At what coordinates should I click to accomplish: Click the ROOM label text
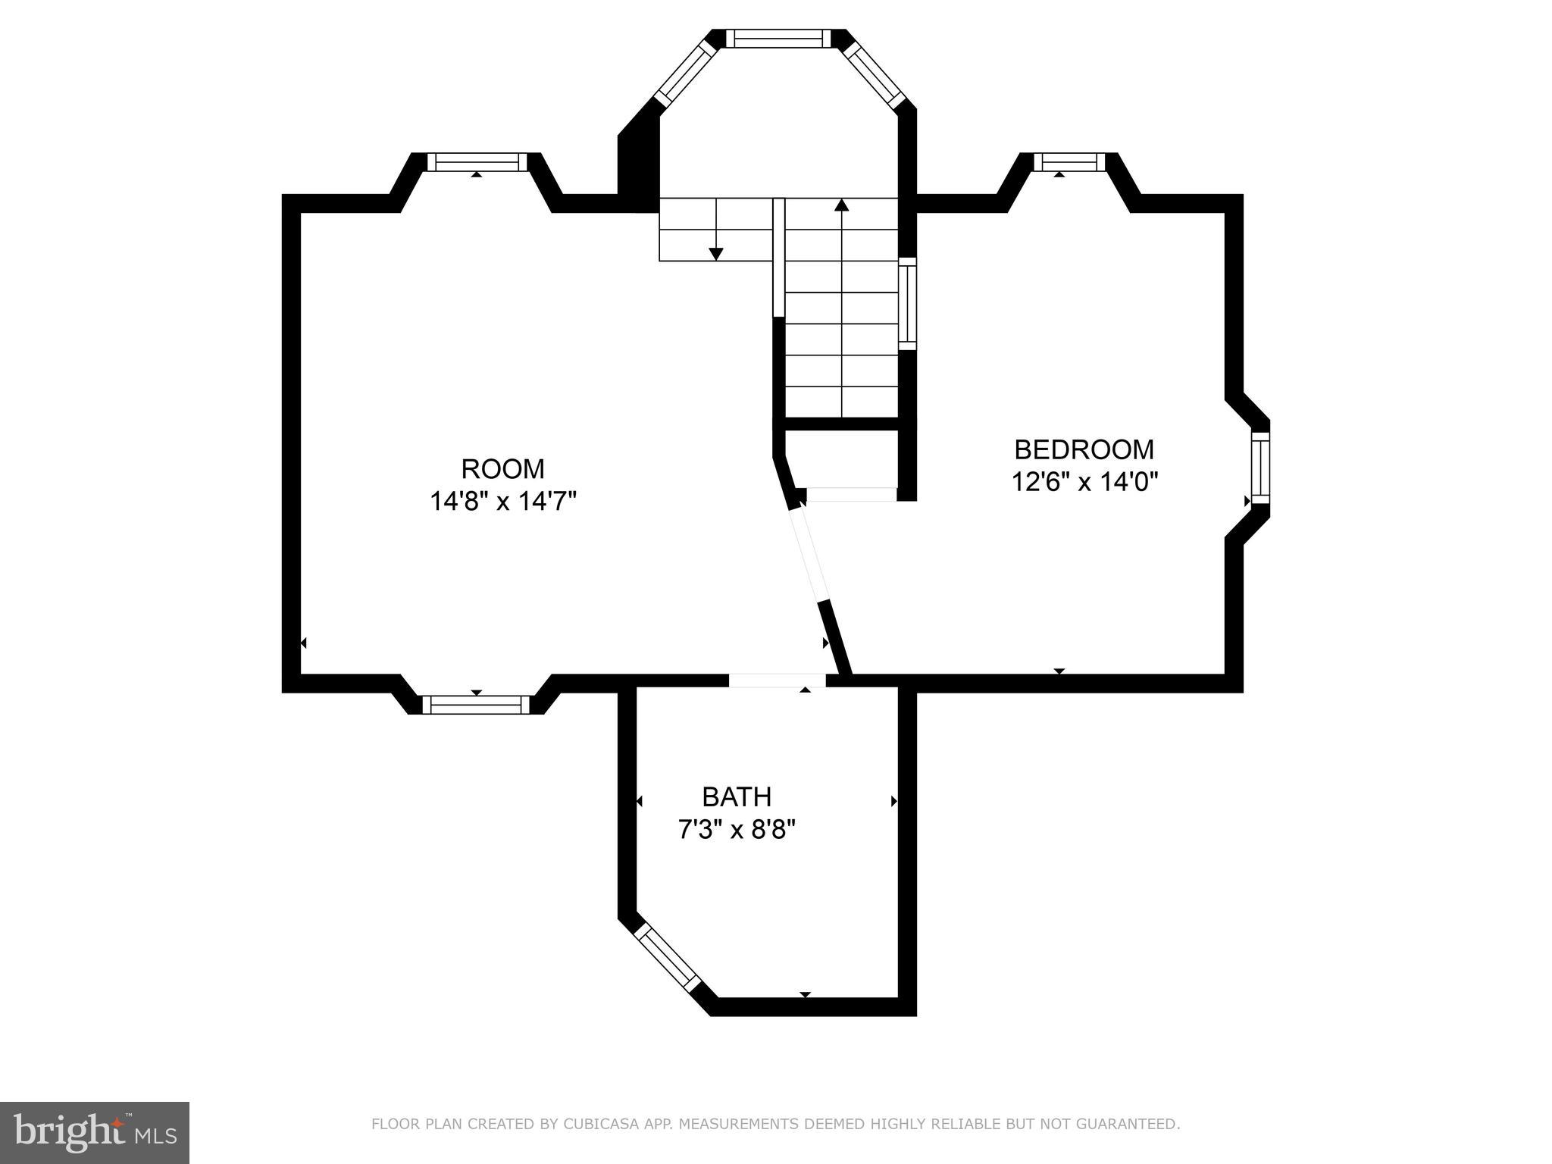click(x=502, y=469)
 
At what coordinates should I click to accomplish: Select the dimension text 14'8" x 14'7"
click(x=503, y=502)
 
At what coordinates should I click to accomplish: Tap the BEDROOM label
click(x=1084, y=449)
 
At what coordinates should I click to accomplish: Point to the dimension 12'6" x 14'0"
click(x=1084, y=482)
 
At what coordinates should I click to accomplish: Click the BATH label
click(x=737, y=797)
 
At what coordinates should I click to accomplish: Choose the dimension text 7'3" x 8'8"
click(x=737, y=831)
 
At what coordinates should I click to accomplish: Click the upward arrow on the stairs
click(x=841, y=205)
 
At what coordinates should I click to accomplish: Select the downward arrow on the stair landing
click(x=715, y=254)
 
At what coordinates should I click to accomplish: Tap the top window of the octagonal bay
click(x=778, y=39)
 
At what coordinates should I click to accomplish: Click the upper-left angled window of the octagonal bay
click(x=685, y=73)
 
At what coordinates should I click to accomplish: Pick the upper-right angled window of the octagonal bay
click(x=874, y=73)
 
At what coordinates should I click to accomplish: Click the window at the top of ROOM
click(x=477, y=161)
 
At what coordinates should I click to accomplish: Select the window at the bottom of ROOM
click(x=476, y=705)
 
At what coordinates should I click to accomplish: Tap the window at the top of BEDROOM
click(x=1069, y=161)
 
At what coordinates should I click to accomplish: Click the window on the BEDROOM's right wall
click(x=1259, y=468)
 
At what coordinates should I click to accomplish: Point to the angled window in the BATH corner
click(x=667, y=958)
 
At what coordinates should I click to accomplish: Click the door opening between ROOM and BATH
click(x=777, y=680)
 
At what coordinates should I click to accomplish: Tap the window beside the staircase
click(x=907, y=304)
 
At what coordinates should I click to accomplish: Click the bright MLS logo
click(x=95, y=1133)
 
